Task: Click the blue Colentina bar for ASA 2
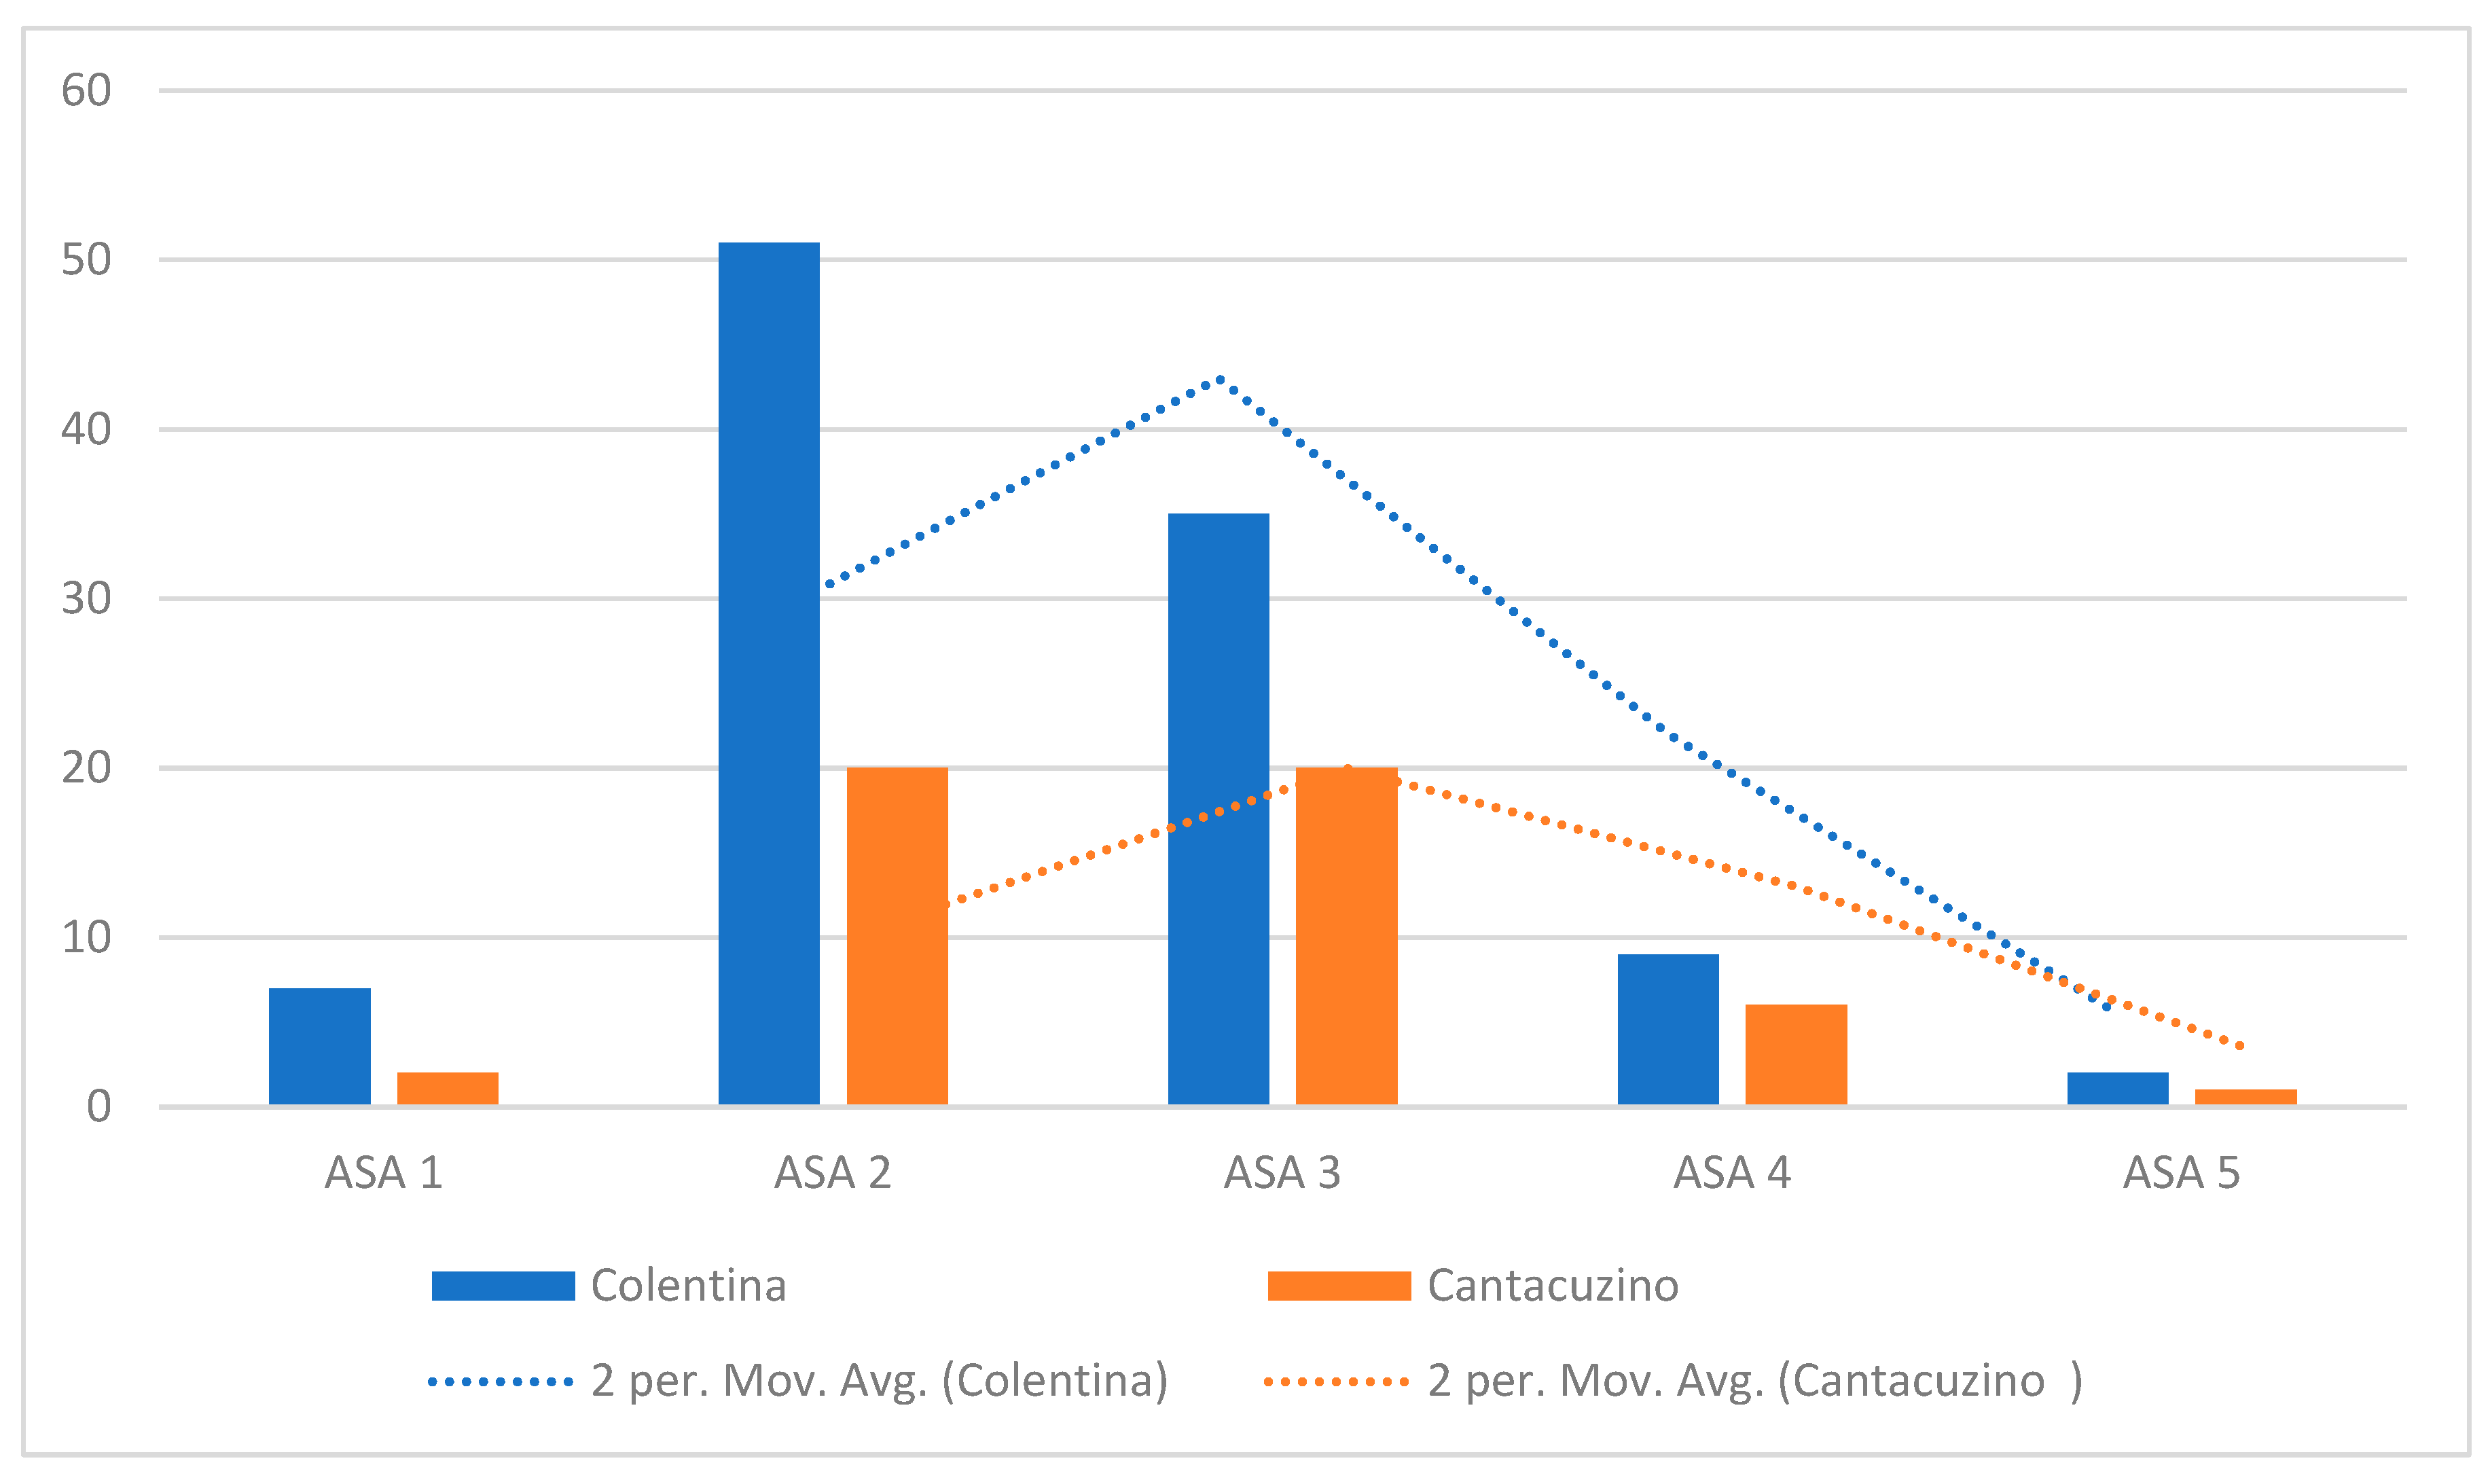[769, 673]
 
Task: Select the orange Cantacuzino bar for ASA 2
[897, 936]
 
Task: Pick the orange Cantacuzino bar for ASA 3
[1347, 936]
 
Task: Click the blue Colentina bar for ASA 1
[319, 1047]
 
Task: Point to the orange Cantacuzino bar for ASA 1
[448, 1089]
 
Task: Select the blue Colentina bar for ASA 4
[1668, 1030]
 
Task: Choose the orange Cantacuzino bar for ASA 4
[1796, 1055]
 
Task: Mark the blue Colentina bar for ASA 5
[2118, 1089]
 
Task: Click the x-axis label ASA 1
[383, 1172]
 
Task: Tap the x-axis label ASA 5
[2182, 1172]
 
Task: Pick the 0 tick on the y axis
[99, 1106]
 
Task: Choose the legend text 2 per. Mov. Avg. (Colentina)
[880, 1381]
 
